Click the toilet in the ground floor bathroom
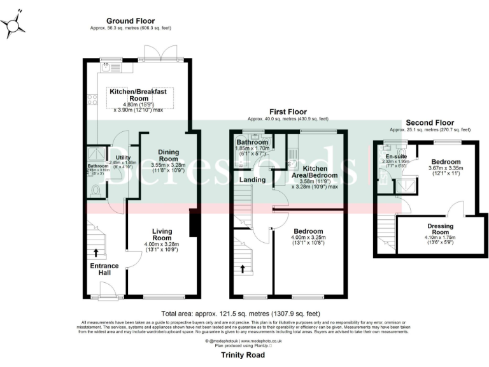tap(96, 190)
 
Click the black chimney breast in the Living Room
tap(194, 224)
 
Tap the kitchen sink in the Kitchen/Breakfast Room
tap(115, 66)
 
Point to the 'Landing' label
tap(252, 180)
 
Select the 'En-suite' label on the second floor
tap(394, 154)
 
